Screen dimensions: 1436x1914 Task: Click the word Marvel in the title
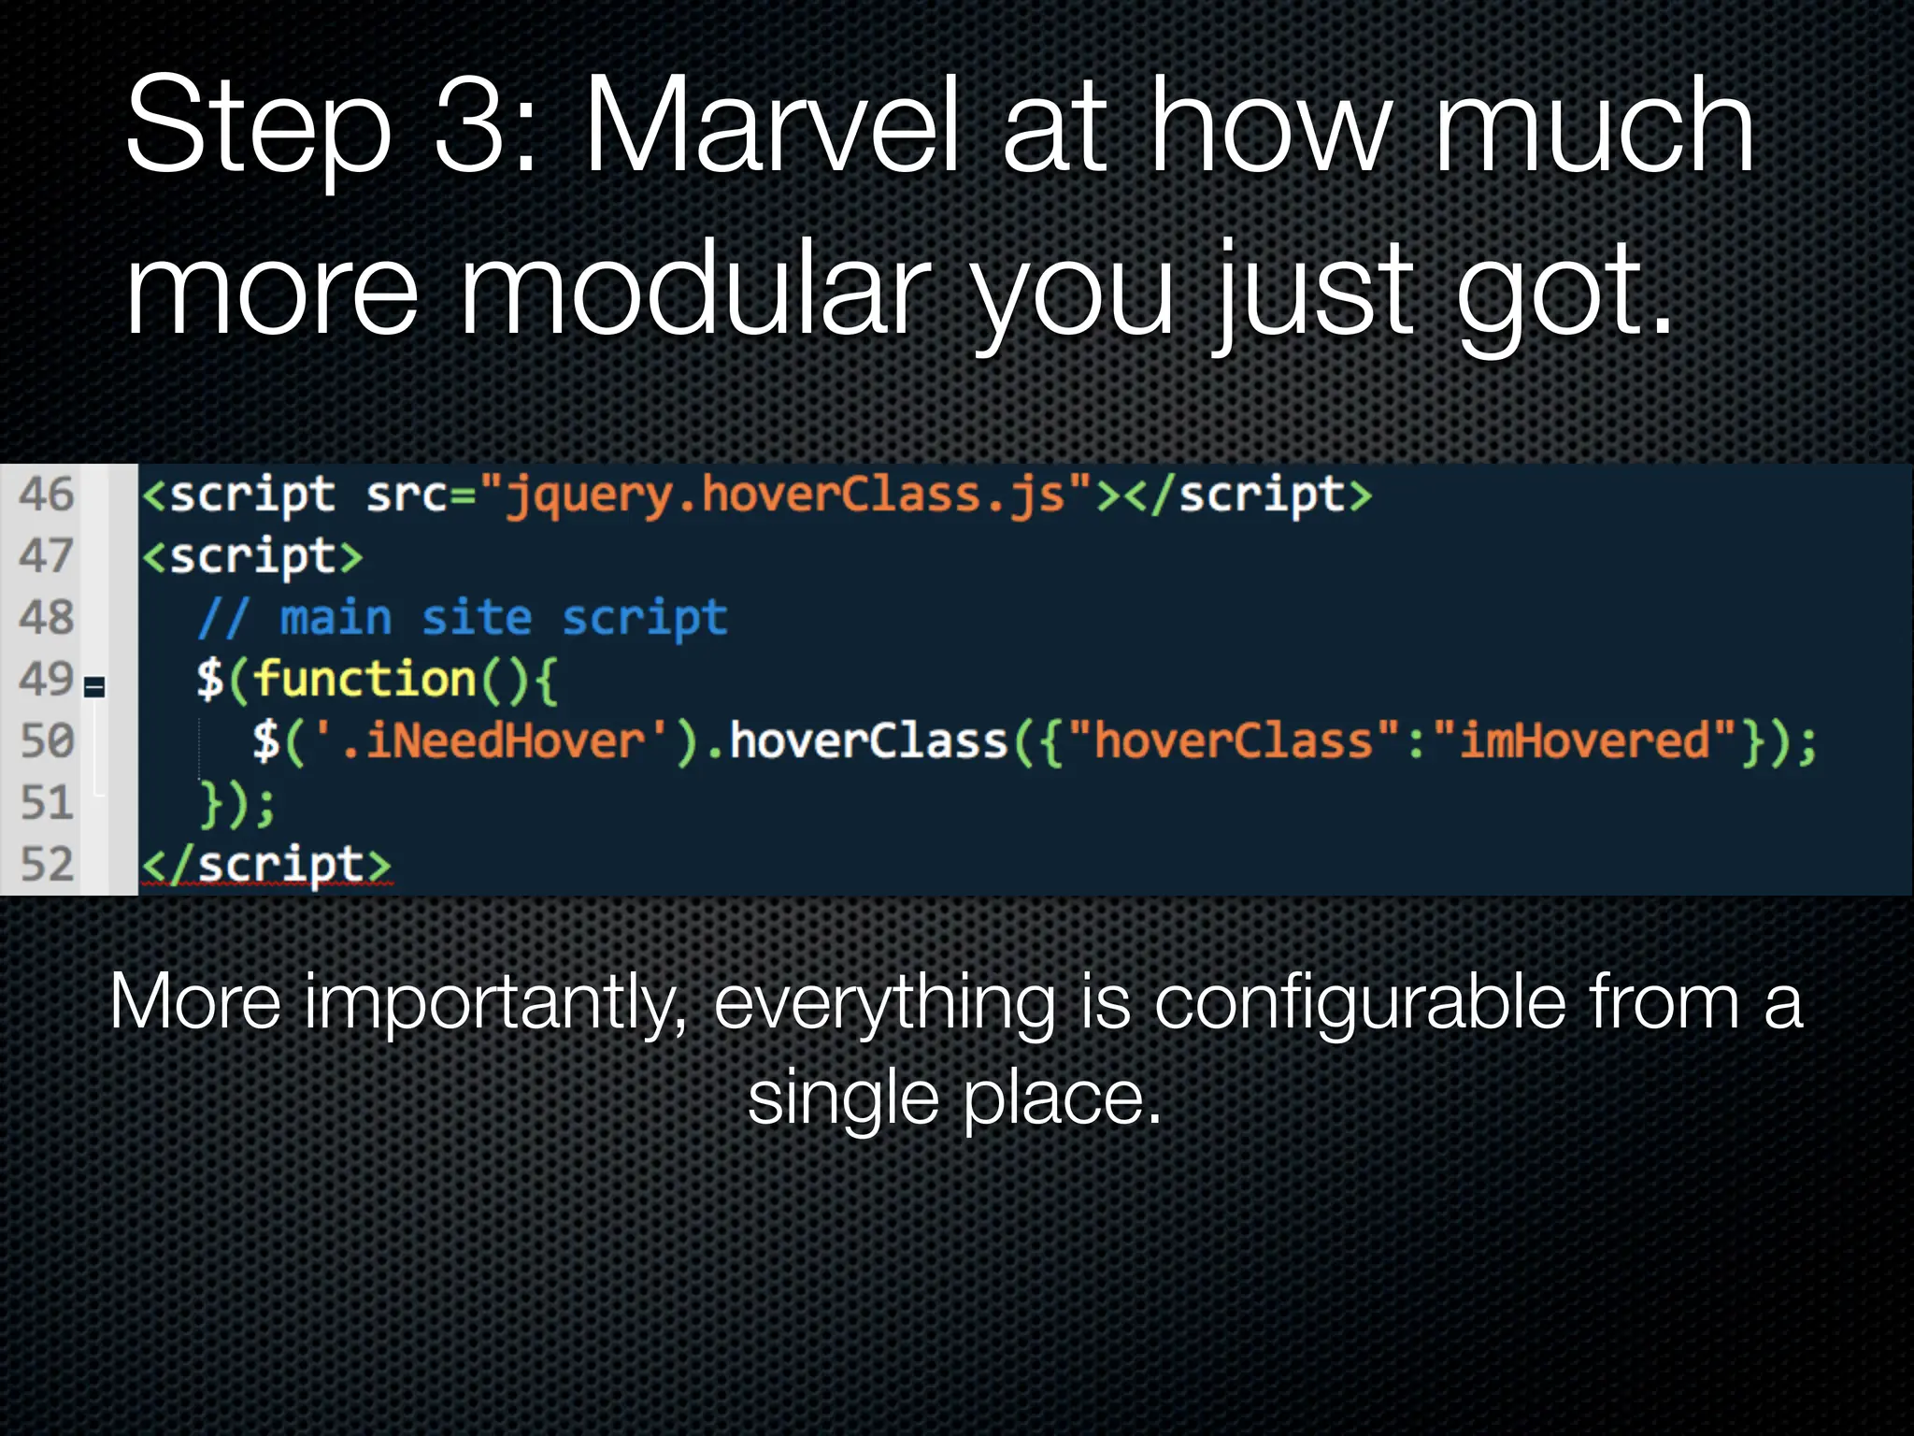pos(770,126)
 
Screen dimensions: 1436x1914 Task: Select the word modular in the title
pos(696,290)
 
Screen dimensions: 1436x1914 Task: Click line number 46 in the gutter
pos(46,495)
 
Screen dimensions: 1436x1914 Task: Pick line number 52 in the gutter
pos(46,865)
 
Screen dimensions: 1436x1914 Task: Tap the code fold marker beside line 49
pos(94,688)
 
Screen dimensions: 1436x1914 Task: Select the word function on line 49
pos(365,679)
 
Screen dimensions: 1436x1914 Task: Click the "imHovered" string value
pos(1585,741)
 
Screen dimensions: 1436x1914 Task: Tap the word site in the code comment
pos(477,619)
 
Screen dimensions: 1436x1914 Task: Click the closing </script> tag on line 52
pos(266,865)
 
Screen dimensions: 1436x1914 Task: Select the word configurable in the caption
pos(1360,1003)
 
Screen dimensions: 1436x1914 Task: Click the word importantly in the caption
pos(495,1003)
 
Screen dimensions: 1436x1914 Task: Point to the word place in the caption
pos(1061,1099)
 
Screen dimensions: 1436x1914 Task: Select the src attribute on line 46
pos(407,495)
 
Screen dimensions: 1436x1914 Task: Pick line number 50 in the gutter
pos(46,741)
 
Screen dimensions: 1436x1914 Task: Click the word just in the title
pos(1313,290)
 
